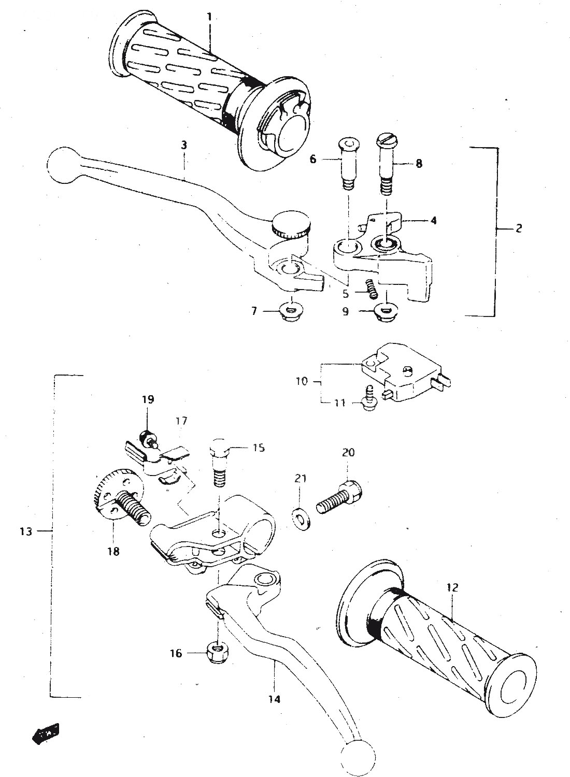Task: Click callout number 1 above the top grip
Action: pos(209,17)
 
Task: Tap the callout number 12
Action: pos(452,587)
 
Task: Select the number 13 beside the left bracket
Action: pos(26,531)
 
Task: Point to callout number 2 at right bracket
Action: pos(519,228)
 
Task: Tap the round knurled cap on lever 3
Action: pos(290,224)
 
